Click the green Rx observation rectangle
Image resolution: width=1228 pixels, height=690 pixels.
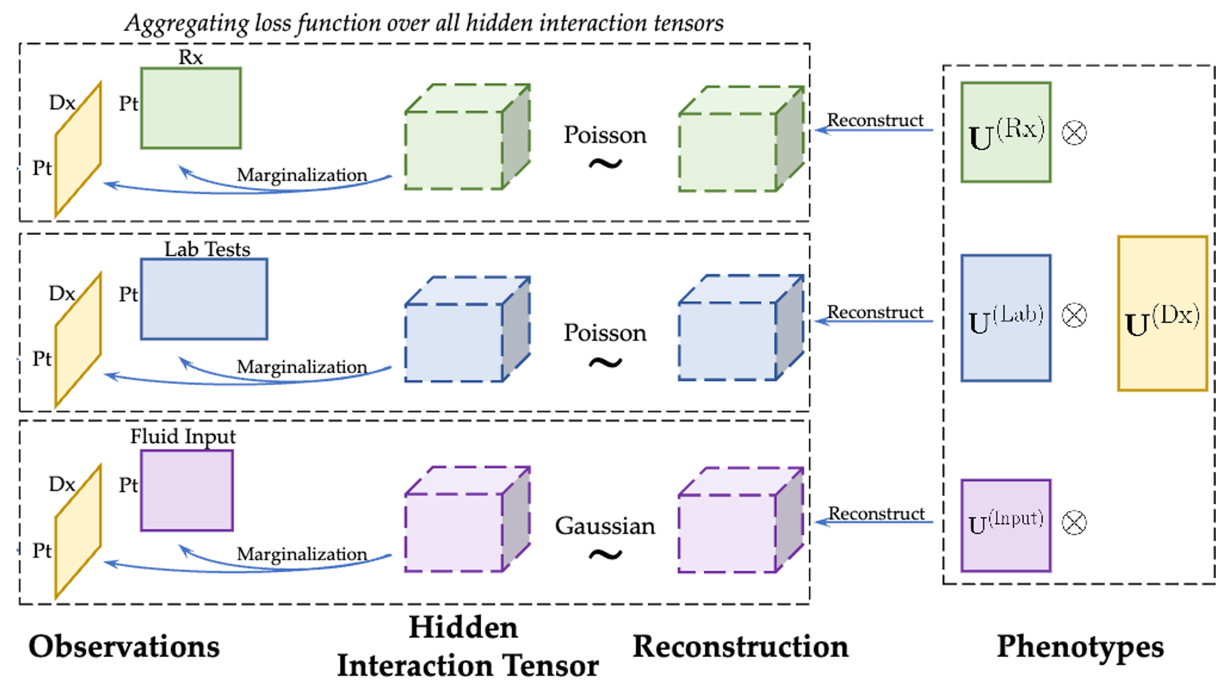tap(190, 108)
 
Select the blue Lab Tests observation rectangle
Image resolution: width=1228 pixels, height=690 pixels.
tap(204, 299)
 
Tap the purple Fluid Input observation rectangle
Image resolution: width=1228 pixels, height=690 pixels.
tap(187, 490)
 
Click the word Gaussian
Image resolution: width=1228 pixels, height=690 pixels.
tap(605, 526)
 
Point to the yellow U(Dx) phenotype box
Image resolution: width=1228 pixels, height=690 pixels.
tap(1162, 313)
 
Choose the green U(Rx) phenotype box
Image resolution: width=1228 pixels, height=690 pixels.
tap(1005, 132)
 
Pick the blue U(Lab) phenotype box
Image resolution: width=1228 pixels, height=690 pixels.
tap(1005, 318)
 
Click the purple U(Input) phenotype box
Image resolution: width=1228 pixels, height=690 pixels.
tap(1005, 525)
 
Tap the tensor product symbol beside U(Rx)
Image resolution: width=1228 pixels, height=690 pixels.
tap(1074, 133)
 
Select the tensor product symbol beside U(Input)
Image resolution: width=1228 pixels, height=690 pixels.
tap(1074, 522)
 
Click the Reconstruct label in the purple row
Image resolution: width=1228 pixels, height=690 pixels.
tap(876, 513)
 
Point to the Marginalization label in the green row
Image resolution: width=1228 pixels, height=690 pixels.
tap(301, 175)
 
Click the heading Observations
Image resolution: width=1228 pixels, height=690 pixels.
tap(124, 647)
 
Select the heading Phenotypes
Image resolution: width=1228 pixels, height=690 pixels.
tap(1079, 647)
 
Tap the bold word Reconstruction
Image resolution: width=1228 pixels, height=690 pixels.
tap(740, 647)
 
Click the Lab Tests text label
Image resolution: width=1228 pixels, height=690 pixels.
tap(207, 249)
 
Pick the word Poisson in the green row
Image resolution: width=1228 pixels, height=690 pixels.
tap(605, 135)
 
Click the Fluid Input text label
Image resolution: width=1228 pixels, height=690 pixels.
tap(183, 436)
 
